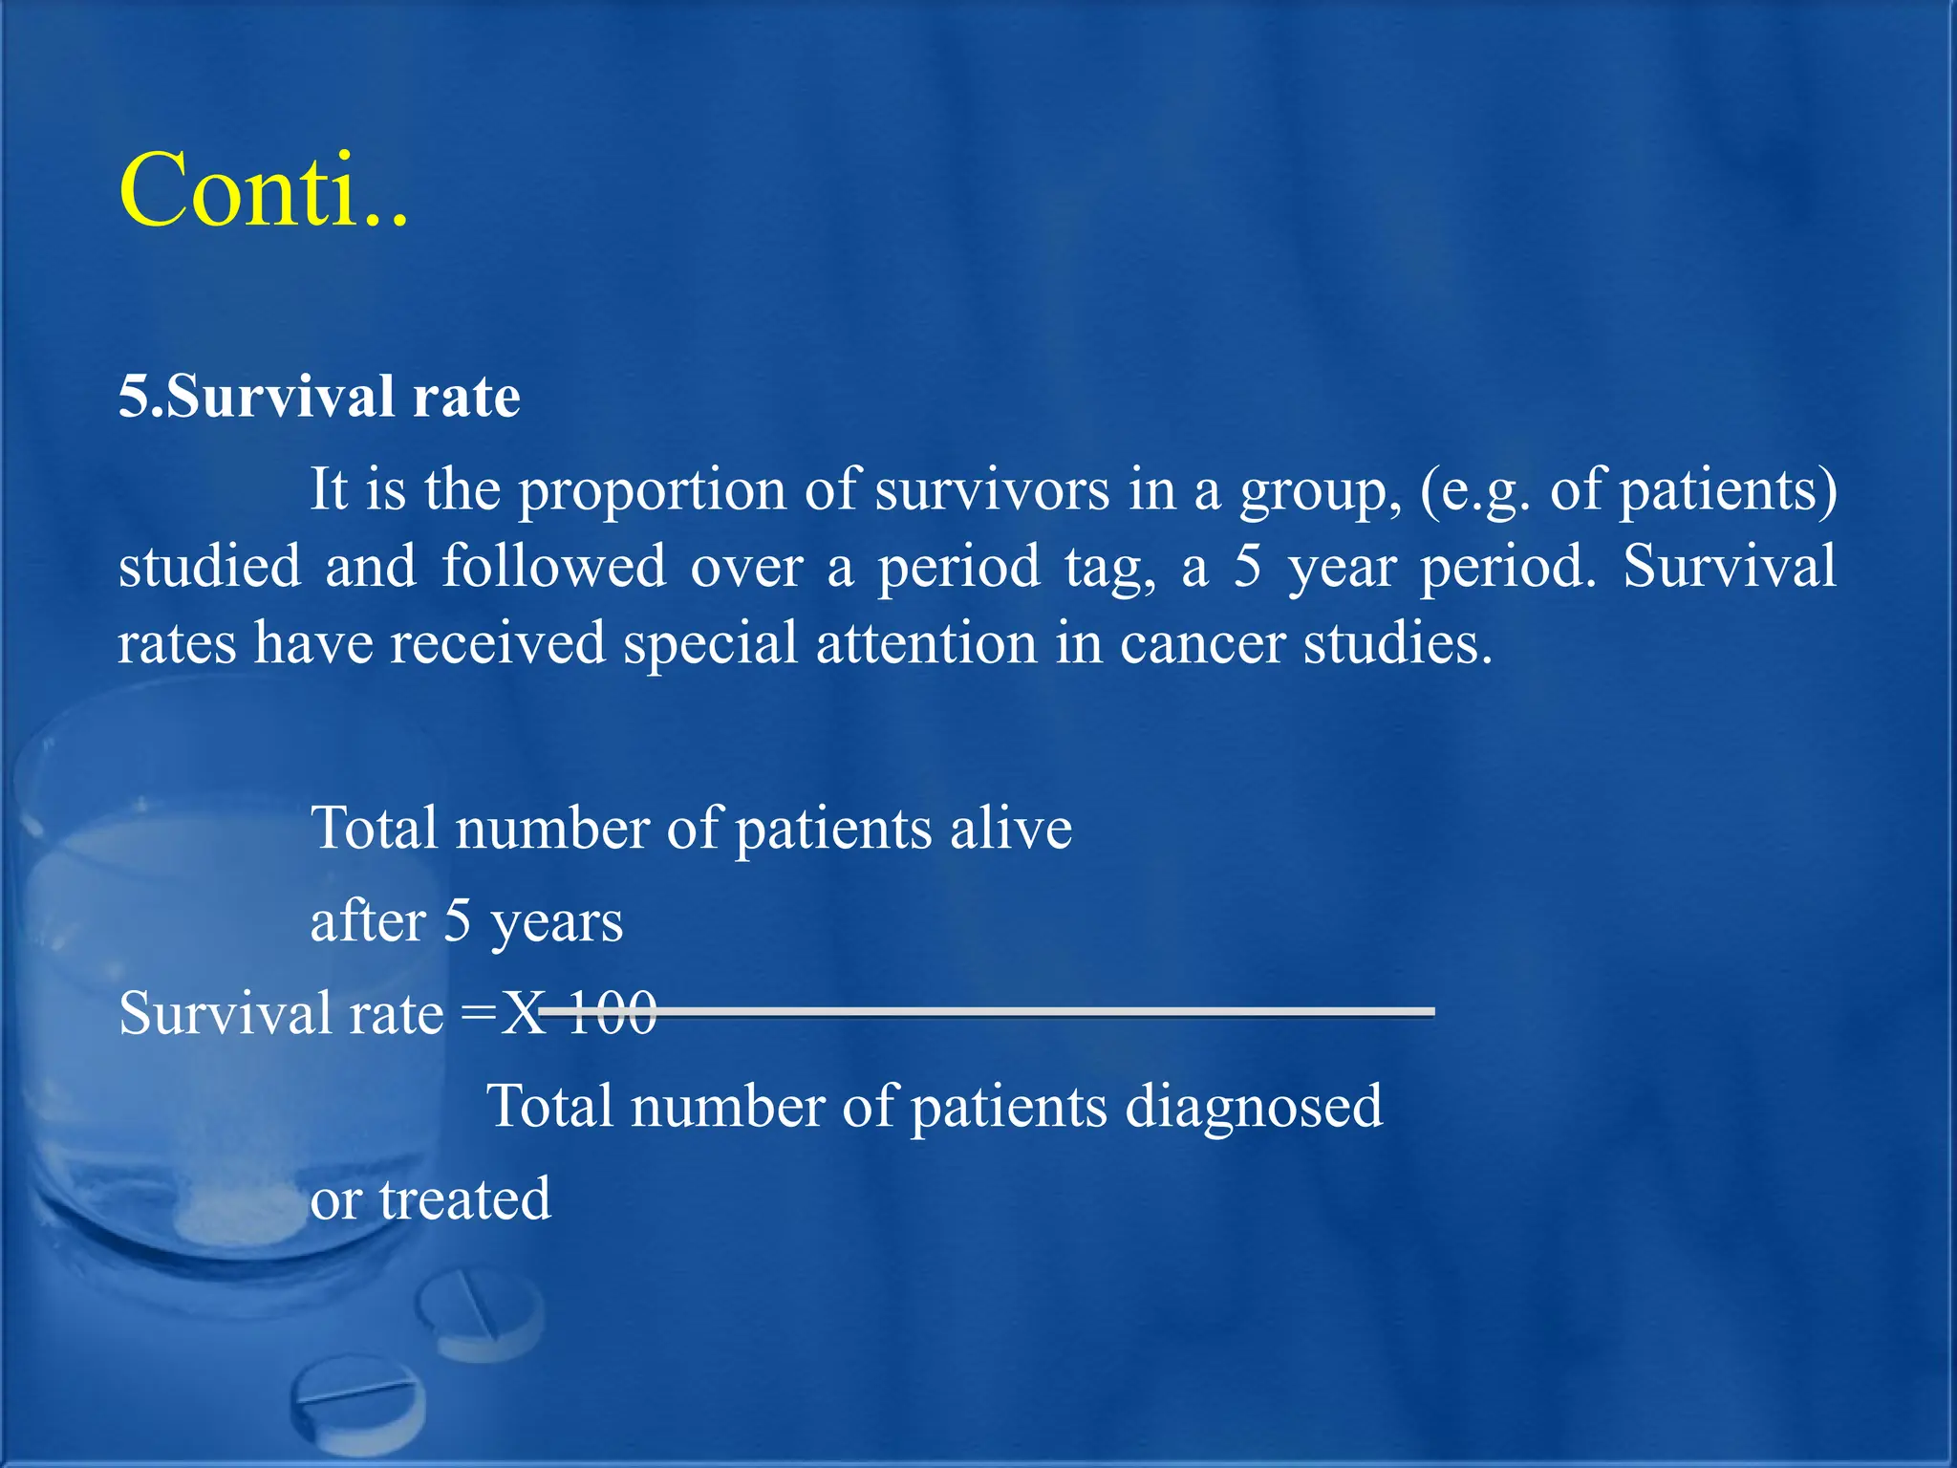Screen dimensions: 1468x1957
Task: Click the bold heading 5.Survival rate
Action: click(x=319, y=397)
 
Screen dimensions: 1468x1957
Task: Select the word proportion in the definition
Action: click(x=652, y=491)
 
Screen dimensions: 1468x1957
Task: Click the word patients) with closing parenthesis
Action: click(x=1728, y=491)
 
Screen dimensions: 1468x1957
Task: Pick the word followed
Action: click(x=553, y=566)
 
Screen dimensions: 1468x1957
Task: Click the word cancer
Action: click(x=1202, y=643)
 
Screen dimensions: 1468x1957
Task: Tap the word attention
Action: click(x=926, y=643)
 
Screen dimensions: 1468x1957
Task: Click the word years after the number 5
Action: click(x=556, y=923)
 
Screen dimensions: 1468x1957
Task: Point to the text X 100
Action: click(x=579, y=1013)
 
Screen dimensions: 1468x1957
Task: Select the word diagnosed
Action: click(x=1253, y=1108)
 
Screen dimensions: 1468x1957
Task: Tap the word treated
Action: click(x=464, y=1199)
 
